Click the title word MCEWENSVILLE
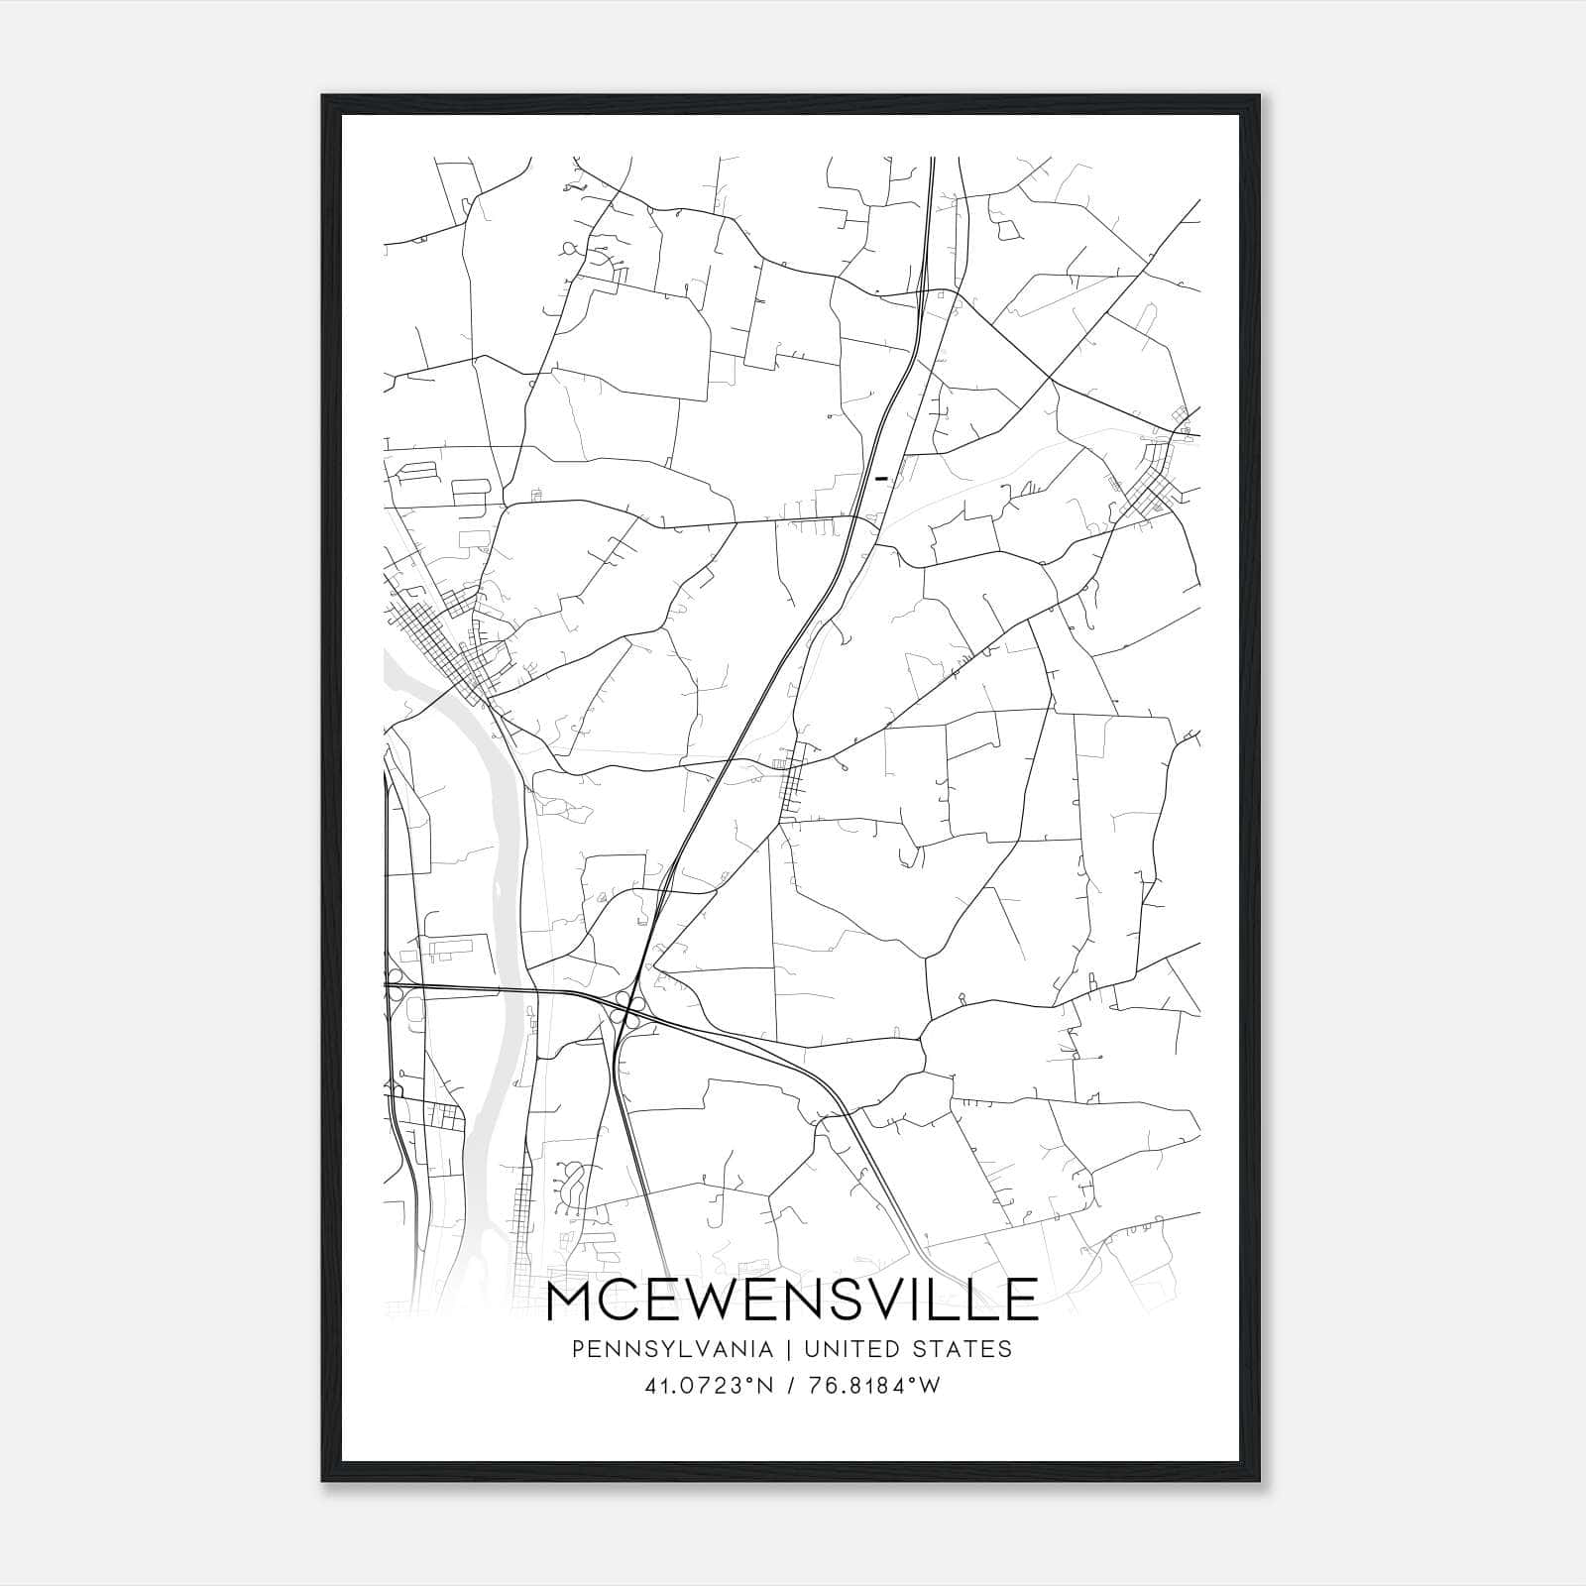pos(792,1300)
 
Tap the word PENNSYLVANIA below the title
pos(658,1349)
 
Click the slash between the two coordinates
pos(790,1386)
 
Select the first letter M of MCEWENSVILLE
pos(570,1300)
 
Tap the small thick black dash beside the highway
pos(880,478)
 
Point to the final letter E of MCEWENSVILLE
pos(1021,1300)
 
